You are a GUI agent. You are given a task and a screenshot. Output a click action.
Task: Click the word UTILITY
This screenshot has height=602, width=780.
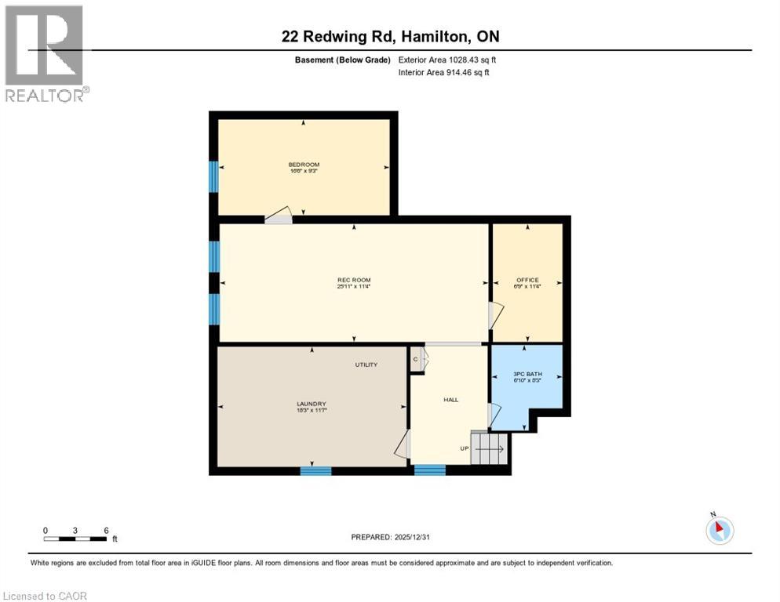(366, 364)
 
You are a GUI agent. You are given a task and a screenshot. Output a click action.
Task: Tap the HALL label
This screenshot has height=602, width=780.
(450, 400)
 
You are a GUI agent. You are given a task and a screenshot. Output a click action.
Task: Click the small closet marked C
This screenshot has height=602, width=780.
(416, 360)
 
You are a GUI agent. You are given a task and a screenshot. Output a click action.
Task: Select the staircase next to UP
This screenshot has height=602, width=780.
(490, 448)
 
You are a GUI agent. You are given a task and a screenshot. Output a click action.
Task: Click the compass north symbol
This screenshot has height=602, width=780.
(719, 529)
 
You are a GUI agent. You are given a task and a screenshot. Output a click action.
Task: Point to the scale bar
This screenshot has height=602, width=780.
(75, 538)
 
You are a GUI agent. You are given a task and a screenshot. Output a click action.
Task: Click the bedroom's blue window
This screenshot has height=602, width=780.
(213, 176)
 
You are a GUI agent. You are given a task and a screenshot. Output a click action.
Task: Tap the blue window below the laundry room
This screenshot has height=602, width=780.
(315, 470)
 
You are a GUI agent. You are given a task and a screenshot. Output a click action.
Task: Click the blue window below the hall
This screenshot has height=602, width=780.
(429, 470)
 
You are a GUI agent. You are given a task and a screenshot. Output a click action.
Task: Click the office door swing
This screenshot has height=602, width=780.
(494, 315)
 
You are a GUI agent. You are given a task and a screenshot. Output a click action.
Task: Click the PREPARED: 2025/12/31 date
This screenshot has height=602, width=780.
(390, 537)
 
